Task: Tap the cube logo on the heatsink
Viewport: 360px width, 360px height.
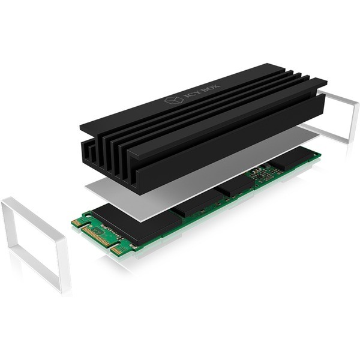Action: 174,100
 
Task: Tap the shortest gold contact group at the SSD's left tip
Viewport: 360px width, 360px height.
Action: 75,223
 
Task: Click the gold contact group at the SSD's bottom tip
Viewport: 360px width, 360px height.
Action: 116,250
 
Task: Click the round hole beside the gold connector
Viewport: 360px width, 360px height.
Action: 87,215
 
